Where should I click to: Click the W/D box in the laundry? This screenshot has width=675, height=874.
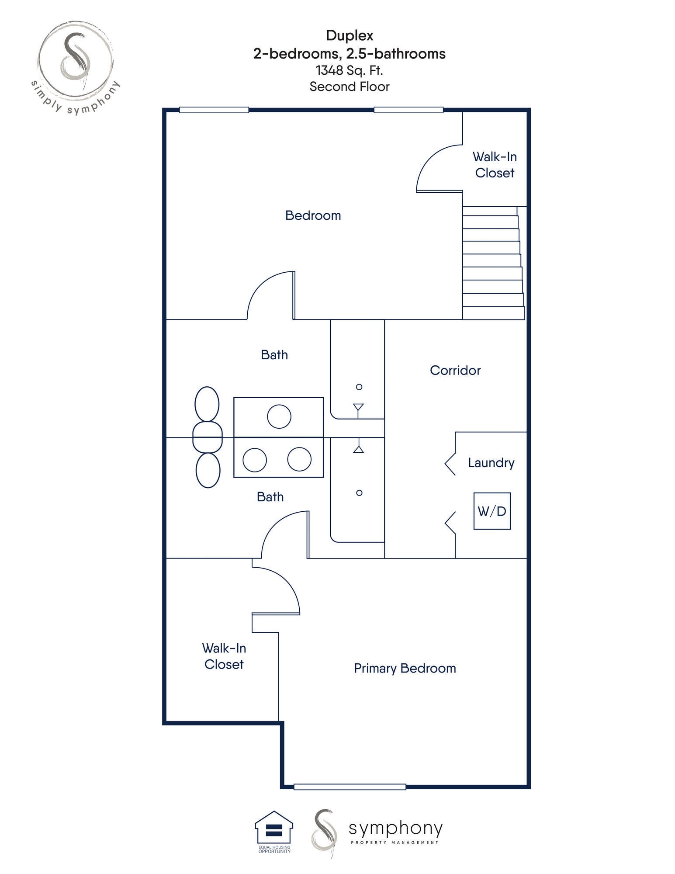pos(492,511)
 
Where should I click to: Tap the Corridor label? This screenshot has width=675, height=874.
pos(455,370)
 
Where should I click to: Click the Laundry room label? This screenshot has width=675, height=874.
pos(491,462)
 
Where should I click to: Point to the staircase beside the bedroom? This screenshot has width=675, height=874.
pos(492,263)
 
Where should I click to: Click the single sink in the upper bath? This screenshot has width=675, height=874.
pos(279,416)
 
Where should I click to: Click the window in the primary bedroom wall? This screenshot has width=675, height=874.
pos(350,787)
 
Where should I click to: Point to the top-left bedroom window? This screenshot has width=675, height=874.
pos(214,110)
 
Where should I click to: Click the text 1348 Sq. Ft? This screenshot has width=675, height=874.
pos(349,70)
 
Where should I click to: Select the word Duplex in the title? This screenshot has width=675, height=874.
pos(349,35)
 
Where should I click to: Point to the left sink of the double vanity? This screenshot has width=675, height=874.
pos(255,460)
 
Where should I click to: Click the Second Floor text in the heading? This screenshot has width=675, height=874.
pos(349,87)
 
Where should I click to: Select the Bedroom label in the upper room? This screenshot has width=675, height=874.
pos(313,215)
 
